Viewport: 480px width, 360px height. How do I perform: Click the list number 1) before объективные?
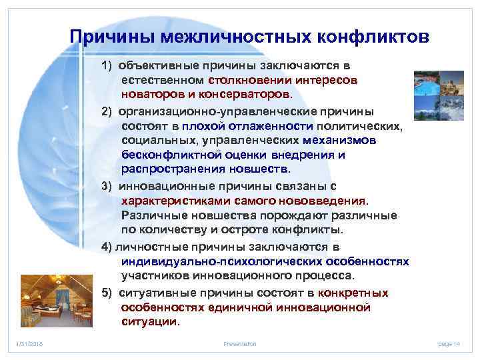[x=107, y=65]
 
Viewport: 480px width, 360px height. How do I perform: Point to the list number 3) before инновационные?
[x=107, y=185]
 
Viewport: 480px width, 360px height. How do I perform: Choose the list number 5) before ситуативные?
[x=107, y=293]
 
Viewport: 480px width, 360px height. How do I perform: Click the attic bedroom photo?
[x=46, y=297]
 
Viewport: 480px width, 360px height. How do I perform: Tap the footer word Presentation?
[x=240, y=343]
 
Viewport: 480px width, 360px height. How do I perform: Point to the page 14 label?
[x=449, y=343]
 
